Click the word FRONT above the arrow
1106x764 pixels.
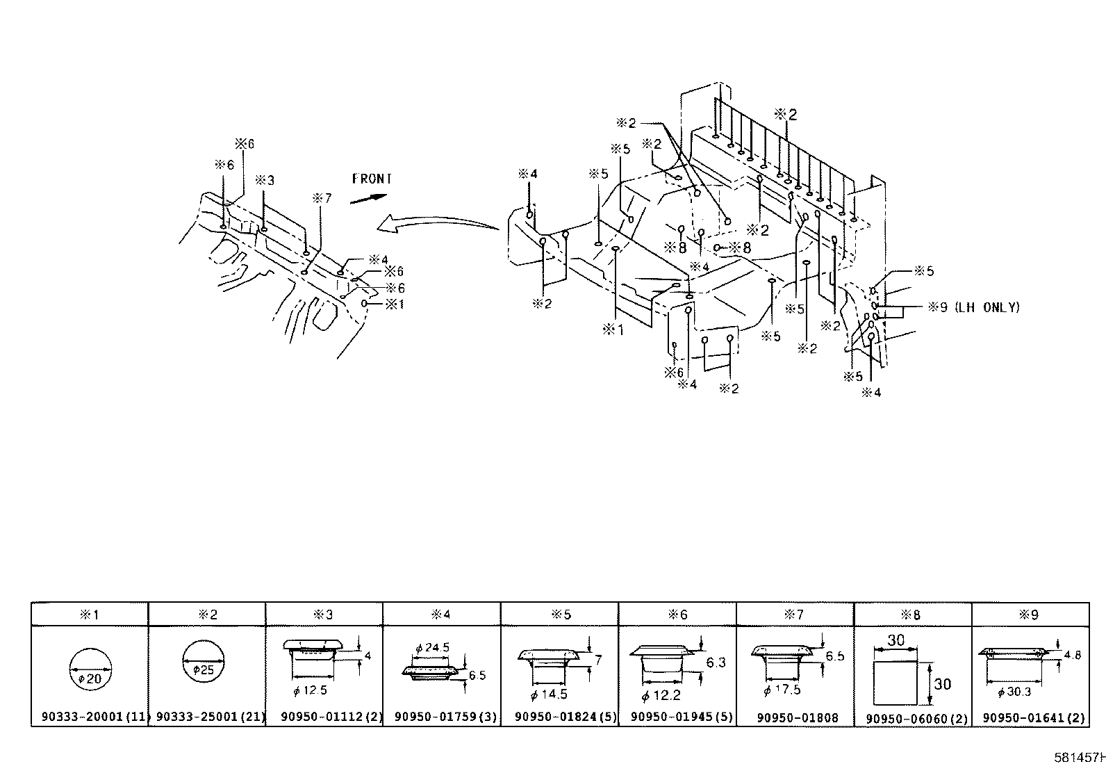click(372, 179)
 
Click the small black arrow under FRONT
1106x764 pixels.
click(368, 198)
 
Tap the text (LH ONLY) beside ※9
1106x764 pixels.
click(987, 307)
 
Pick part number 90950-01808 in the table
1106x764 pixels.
click(797, 717)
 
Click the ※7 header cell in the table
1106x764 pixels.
click(794, 615)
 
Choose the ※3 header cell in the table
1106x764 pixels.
click(324, 615)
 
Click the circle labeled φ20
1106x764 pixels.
click(90, 671)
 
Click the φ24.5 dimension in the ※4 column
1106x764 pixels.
click(432, 647)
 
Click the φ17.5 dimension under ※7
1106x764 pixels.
click(782, 690)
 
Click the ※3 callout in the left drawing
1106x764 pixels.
click(264, 180)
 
